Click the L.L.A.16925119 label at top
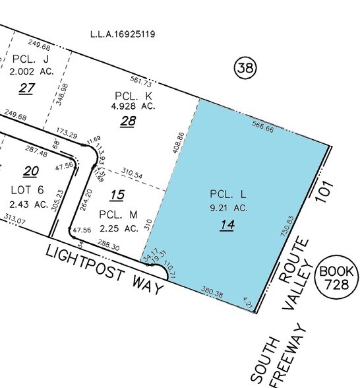(x=123, y=33)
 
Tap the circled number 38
(x=245, y=67)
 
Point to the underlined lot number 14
(x=227, y=225)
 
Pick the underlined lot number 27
(x=26, y=88)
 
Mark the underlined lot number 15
(x=117, y=195)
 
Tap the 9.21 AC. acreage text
(x=227, y=208)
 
